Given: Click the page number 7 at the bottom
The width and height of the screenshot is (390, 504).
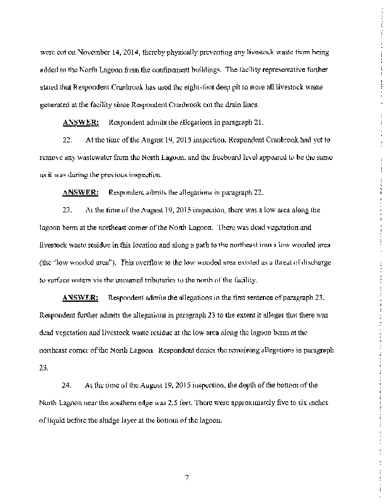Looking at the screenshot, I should pyautogui.click(x=187, y=478).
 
